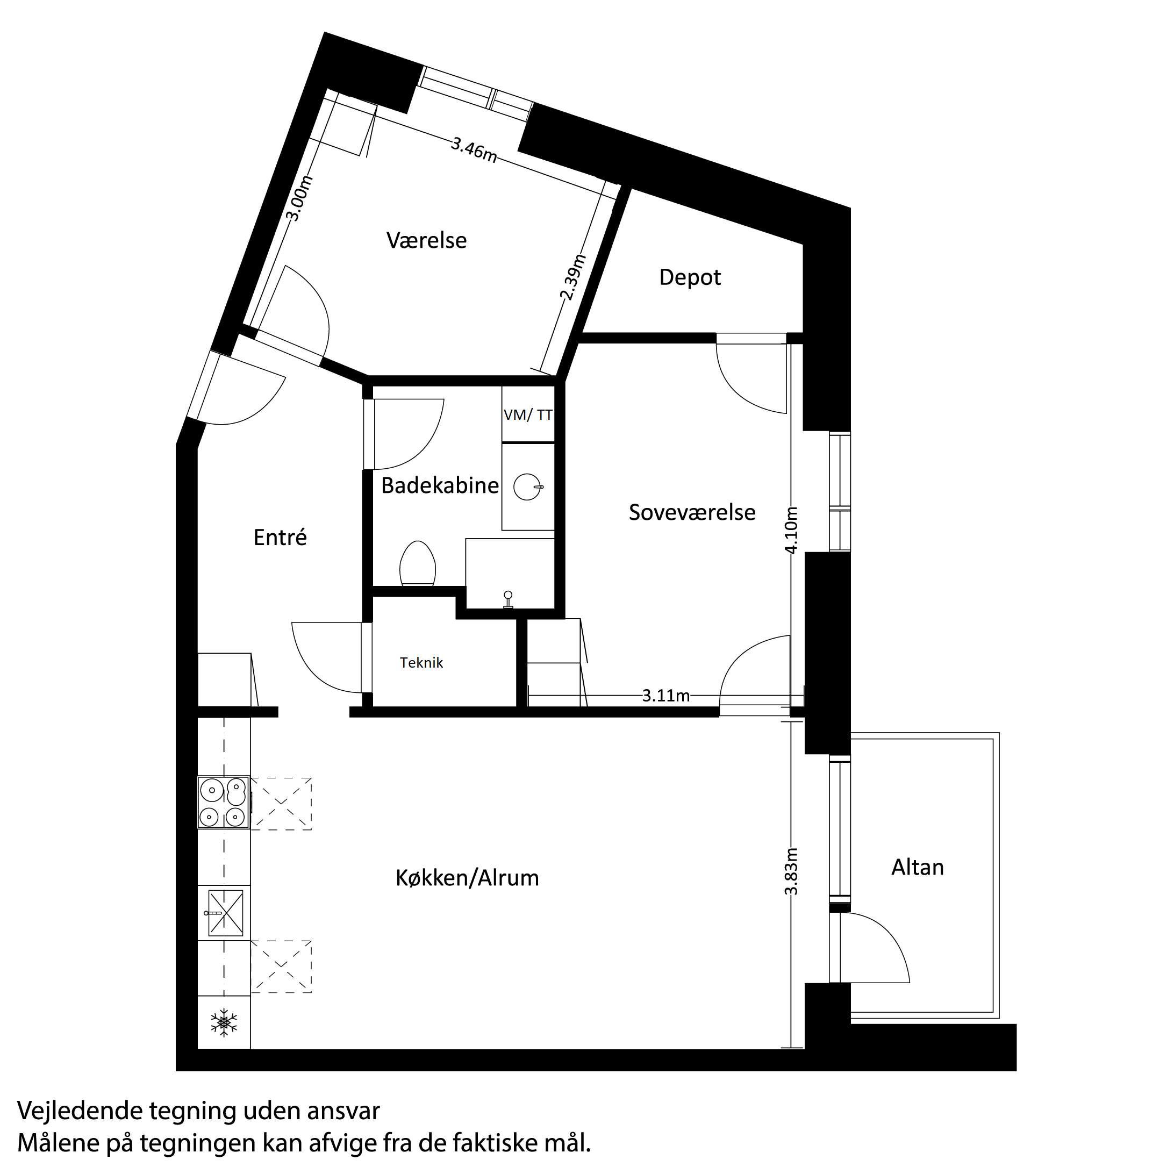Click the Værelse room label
point(427,241)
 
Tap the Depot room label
point(690,278)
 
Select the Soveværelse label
point(692,512)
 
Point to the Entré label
point(280,537)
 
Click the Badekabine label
point(440,485)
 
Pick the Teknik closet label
point(421,663)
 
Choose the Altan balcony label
point(918,867)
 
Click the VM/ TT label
point(528,415)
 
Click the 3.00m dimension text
point(298,199)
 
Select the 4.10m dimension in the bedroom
point(791,530)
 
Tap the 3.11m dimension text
point(666,696)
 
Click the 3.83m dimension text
point(791,871)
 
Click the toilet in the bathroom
point(418,564)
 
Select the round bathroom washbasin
point(527,486)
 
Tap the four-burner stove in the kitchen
point(224,802)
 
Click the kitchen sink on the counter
point(225,913)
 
